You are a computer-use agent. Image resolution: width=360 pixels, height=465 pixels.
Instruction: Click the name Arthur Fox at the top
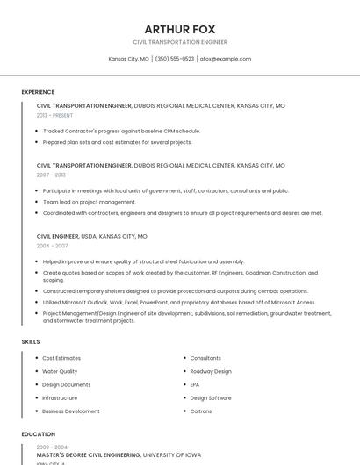click(179, 29)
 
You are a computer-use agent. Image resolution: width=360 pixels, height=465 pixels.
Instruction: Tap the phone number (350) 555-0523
click(175, 59)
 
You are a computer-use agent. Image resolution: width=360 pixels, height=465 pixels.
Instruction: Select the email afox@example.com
click(226, 59)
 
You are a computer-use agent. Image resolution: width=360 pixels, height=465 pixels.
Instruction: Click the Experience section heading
click(38, 92)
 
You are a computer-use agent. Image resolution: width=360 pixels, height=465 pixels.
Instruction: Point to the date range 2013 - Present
click(54, 115)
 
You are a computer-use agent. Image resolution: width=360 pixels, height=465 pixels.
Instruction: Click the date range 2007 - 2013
click(51, 175)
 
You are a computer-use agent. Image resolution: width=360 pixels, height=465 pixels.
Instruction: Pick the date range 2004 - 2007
click(51, 246)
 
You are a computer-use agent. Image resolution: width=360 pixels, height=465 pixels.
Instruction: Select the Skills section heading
click(31, 341)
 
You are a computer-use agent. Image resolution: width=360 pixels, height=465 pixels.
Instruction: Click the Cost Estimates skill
click(61, 358)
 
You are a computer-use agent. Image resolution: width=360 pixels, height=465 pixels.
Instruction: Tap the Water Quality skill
click(60, 371)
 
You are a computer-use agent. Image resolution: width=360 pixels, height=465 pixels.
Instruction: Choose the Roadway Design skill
click(211, 371)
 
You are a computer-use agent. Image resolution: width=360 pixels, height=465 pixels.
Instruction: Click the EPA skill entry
click(195, 384)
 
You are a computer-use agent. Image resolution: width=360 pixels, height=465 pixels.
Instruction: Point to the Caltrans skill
click(200, 411)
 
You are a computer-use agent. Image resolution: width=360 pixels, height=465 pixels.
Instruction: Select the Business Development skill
click(70, 411)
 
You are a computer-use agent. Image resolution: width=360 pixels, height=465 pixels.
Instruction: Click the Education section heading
click(38, 434)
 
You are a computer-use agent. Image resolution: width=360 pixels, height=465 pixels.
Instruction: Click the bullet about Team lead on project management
click(89, 202)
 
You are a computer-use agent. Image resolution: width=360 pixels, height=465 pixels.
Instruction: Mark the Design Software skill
click(211, 397)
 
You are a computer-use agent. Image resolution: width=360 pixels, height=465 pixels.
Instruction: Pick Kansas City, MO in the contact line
click(128, 59)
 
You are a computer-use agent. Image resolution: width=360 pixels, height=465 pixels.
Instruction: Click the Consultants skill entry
click(205, 358)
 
